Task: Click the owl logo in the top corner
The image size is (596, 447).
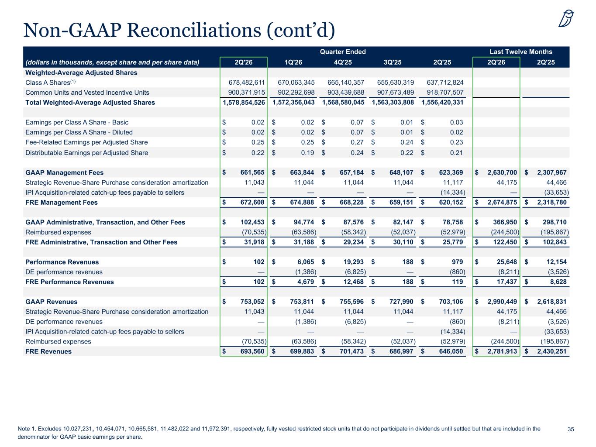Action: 566,18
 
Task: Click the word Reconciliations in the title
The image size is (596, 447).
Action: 194,30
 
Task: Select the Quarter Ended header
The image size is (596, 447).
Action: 343,52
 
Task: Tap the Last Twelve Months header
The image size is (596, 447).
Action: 521,52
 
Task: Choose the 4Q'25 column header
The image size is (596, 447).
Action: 343,62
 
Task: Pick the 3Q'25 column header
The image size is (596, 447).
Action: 393,62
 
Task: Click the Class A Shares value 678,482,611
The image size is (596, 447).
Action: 247,82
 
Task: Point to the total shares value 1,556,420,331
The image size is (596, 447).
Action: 442,102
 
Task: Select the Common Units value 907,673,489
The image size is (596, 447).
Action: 395,92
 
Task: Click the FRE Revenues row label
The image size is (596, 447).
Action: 48,351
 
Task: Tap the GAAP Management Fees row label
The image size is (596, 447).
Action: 64,172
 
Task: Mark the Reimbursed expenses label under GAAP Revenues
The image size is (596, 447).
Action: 58,341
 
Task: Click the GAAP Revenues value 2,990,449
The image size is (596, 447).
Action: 502,302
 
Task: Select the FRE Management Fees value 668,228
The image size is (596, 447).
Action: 351,202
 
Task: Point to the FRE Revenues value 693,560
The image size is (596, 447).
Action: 252,351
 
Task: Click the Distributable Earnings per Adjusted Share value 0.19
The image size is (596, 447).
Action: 307,152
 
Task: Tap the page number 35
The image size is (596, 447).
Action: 571,429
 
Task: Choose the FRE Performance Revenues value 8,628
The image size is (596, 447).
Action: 558,282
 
